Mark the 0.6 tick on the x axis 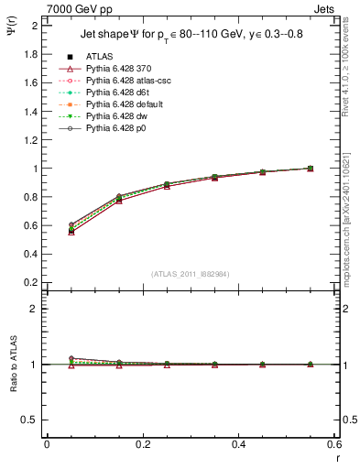pyautogui.click(x=333, y=446)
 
